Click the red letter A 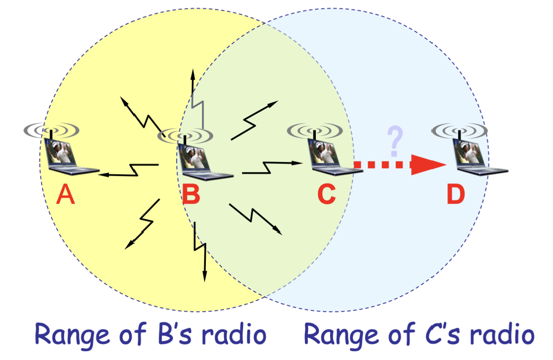pyautogui.click(x=66, y=194)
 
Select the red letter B pyautogui.click(x=191, y=194)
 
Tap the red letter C pyautogui.click(x=326, y=194)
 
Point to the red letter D pyautogui.click(x=456, y=194)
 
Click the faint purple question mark pyautogui.click(x=395, y=141)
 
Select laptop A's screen pyautogui.click(x=60, y=151)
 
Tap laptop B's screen pyautogui.click(x=194, y=157)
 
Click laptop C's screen pyautogui.click(x=324, y=151)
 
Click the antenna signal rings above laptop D pyautogui.click(x=459, y=131)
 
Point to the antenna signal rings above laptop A pyautogui.click(x=51, y=130)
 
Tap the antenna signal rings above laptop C pyautogui.click(x=315, y=130)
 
